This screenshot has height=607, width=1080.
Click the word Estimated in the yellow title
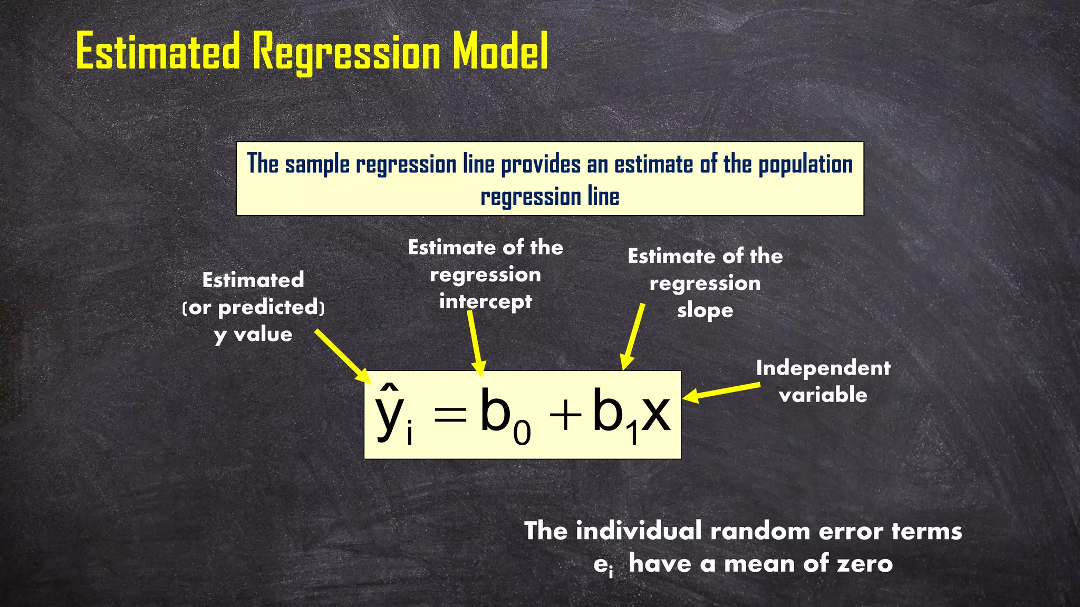click(x=158, y=52)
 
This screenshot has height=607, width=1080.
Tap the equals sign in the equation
click(x=450, y=414)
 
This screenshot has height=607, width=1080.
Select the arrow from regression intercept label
click(x=475, y=342)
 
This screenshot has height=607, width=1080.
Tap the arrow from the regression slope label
click(x=633, y=337)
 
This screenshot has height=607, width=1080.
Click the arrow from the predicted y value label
click(x=343, y=357)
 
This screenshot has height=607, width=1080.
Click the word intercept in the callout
click(x=486, y=302)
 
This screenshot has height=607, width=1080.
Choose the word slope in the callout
click(x=705, y=310)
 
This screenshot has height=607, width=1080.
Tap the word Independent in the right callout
click(x=823, y=368)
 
